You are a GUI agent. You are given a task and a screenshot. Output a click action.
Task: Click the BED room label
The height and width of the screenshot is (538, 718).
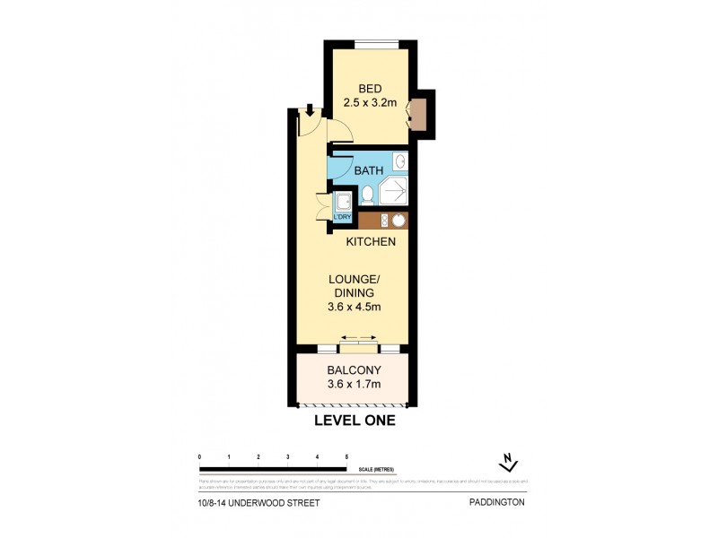pyautogui.click(x=370, y=88)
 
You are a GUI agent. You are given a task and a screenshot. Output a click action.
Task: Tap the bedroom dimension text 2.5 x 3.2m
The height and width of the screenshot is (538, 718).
pyautogui.click(x=370, y=102)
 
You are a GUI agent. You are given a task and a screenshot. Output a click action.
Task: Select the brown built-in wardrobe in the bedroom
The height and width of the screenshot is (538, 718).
pyautogui.click(x=416, y=114)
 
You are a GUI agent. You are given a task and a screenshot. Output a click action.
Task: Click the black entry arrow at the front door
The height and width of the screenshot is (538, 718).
pyautogui.click(x=310, y=111)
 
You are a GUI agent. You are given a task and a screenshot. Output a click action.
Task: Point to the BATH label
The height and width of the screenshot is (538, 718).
pyautogui.click(x=368, y=170)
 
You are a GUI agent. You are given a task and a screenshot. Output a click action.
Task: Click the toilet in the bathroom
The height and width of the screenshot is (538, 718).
pyautogui.click(x=367, y=195)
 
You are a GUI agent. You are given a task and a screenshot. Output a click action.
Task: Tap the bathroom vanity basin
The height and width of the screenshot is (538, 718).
pyautogui.click(x=400, y=162)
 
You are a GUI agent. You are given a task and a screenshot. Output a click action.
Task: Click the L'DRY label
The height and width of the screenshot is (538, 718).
pyautogui.click(x=342, y=218)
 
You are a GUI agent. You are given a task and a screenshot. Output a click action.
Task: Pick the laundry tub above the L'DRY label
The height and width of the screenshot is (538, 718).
pyautogui.click(x=343, y=201)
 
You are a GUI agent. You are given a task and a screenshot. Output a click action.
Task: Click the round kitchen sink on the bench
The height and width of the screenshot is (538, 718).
pyautogui.click(x=398, y=220)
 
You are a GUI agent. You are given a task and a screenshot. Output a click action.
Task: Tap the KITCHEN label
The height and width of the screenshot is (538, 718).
pyautogui.click(x=372, y=242)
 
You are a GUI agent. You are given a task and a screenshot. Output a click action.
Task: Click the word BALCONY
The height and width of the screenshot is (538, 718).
pyautogui.click(x=354, y=370)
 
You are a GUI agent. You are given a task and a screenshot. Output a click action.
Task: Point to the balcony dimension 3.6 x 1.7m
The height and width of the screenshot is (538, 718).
pyautogui.click(x=354, y=385)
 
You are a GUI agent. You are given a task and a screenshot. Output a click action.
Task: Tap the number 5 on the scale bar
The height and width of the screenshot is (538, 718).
pyautogui.click(x=346, y=457)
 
